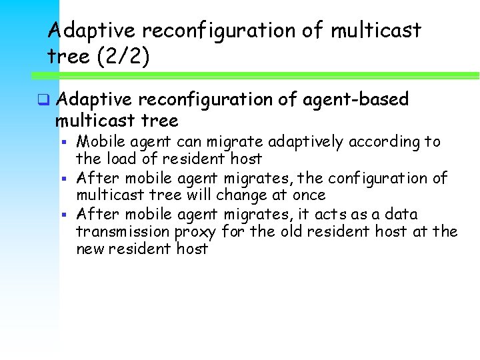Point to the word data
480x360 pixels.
(x=402, y=214)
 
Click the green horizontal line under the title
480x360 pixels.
(x=267, y=75)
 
